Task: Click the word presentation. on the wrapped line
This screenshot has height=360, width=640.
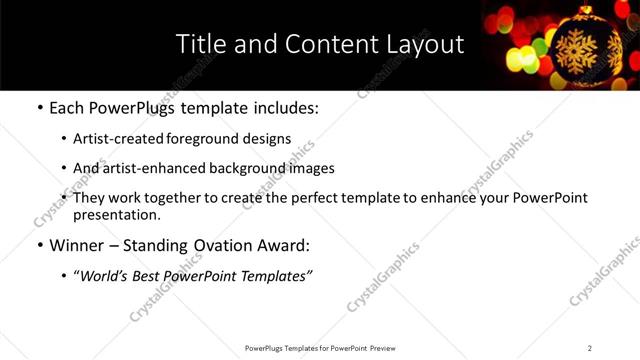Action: click(116, 215)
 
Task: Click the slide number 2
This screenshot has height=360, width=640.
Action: click(590, 348)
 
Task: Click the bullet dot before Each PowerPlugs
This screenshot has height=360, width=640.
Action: click(39, 109)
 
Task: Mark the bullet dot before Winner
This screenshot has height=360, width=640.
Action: click(39, 245)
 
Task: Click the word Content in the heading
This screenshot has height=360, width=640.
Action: click(323, 45)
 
